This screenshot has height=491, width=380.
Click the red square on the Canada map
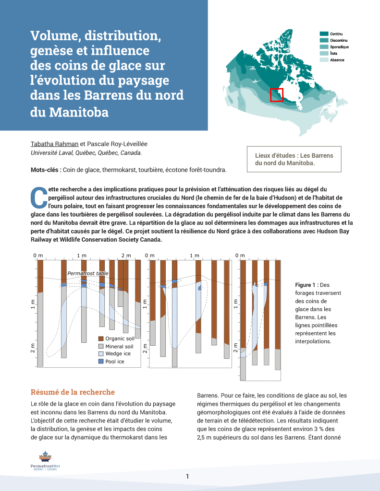[276, 95]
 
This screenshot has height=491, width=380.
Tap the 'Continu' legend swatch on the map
[324, 34]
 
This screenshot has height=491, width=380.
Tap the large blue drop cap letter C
[37, 197]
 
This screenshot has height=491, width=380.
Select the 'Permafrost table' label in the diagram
[88, 273]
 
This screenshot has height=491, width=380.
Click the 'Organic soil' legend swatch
[101, 339]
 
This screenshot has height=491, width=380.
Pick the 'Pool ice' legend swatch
[101, 361]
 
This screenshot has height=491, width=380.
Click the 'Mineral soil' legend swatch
[101, 346]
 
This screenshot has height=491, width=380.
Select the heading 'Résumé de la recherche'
[73, 392]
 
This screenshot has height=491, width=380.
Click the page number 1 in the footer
[187, 476]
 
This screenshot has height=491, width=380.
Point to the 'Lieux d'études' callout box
[294, 159]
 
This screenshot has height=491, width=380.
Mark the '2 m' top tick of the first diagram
[126, 256]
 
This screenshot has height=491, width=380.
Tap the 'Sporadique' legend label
[339, 47]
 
